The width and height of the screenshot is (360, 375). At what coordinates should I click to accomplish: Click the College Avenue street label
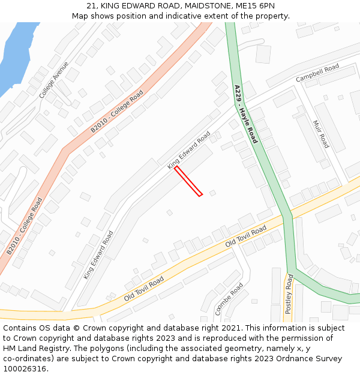pos(54,80)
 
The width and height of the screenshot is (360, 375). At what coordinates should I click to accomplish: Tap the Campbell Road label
pos(317,73)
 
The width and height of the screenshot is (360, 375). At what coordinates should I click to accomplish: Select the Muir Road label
pos(321,134)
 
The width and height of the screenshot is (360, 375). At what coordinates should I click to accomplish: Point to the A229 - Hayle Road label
pos(246,113)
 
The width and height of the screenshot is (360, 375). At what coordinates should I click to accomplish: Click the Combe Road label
pos(229,299)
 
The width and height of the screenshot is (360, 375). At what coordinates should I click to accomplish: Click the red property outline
pos(188,181)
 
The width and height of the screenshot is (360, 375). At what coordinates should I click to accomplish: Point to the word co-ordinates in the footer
pos(26,359)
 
